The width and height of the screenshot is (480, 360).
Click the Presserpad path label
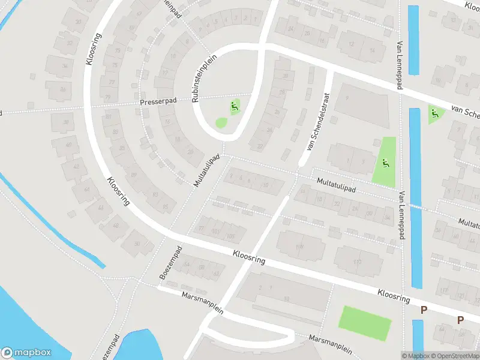pos(158,102)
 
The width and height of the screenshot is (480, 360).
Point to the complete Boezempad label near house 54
pos(170,262)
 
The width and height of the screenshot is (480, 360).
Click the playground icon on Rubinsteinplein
pos(235,107)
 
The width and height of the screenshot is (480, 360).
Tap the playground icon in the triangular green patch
pos(434,113)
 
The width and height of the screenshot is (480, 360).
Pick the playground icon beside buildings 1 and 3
pos(385,162)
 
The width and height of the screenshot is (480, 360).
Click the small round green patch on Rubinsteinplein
pos(221,123)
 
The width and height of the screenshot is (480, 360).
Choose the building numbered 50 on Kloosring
pos(137,243)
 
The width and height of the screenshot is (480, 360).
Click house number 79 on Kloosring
pos(108,97)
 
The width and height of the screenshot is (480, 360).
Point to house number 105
pos(230,236)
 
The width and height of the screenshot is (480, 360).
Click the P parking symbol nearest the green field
pos(424,310)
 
